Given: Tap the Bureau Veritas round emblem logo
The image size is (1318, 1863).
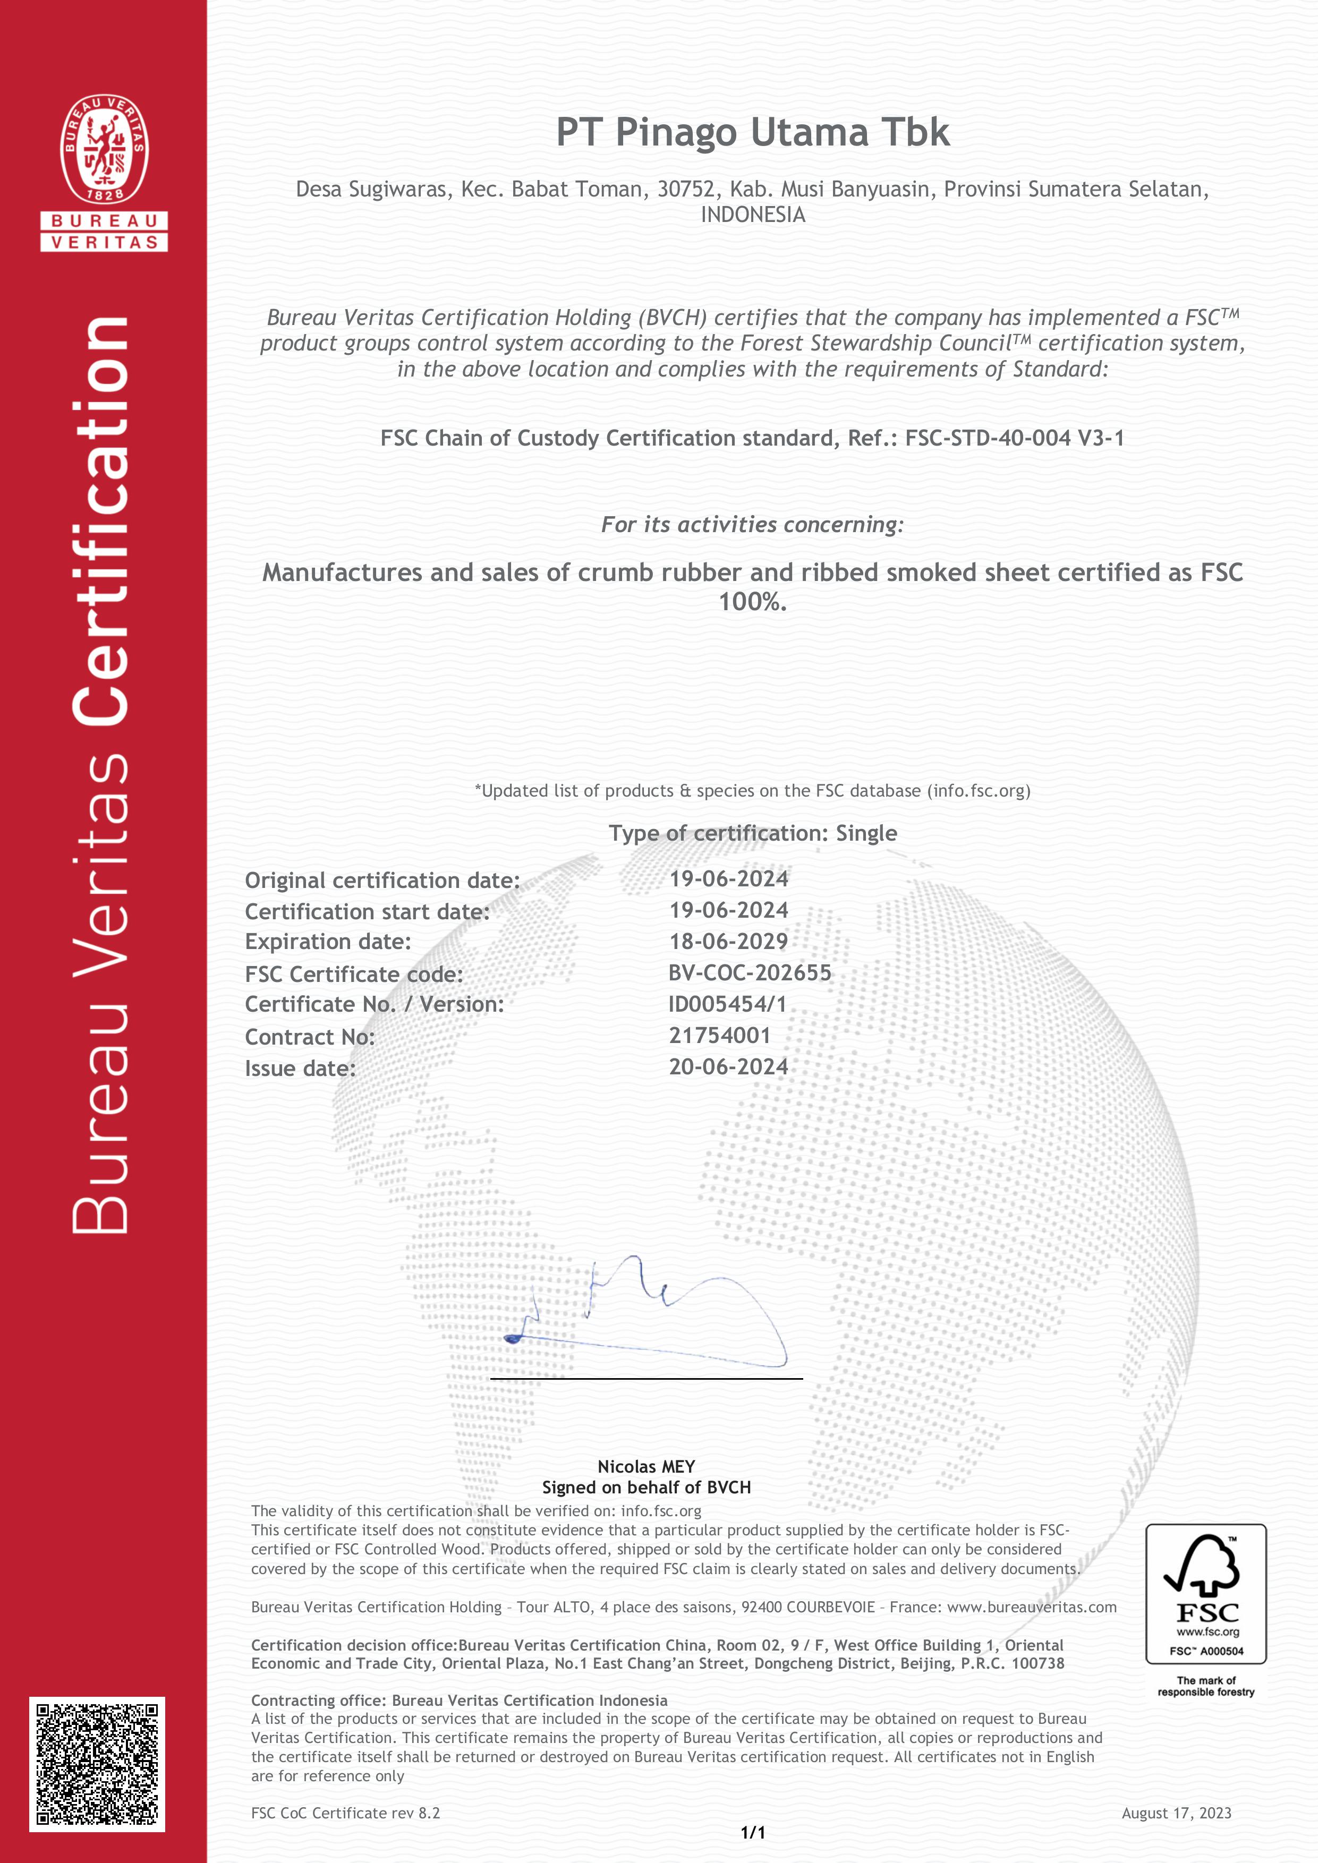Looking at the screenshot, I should (x=104, y=149).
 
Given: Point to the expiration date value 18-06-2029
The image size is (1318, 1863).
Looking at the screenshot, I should (x=728, y=941).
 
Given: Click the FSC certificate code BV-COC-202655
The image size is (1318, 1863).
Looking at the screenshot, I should (x=750, y=973).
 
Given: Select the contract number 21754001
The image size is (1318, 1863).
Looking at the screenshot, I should (x=720, y=1036).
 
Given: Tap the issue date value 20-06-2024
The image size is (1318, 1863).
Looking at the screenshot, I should (x=728, y=1067).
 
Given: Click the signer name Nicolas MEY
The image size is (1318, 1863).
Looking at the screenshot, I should (x=646, y=1466).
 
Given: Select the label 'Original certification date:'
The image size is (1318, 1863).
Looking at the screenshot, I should (x=382, y=881).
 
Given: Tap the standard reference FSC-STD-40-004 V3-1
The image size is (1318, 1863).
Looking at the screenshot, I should (x=1015, y=438).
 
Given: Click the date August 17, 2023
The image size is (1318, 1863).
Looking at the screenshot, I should (x=1176, y=1813).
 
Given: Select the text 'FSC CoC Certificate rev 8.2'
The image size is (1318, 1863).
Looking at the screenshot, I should (x=346, y=1813).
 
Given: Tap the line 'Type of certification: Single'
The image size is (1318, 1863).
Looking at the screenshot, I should (x=752, y=833).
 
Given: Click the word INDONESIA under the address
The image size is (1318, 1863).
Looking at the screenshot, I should (x=752, y=215).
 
